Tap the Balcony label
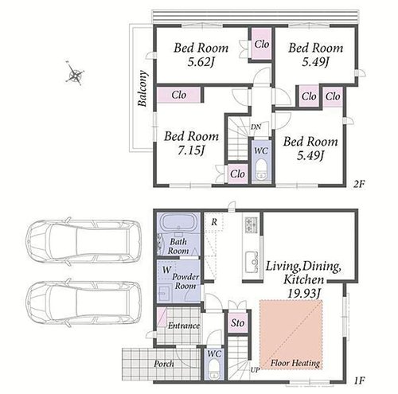(x=142, y=88)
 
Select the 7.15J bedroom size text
(x=191, y=151)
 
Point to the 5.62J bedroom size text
(x=201, y=62)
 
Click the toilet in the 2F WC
(x=261, y=170)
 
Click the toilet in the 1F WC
(x=214, y=369)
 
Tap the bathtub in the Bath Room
(x=178, y=224)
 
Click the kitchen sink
(x=252, y=262)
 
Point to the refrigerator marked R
(x=214, y=222)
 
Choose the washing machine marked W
(x=166, y=270)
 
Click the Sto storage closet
(x=237, y=323)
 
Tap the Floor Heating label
(x=295, y=363)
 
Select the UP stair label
(x=255, y=370)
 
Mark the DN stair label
(x=256, y=127)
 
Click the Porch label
(x=164, y=364)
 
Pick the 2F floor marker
(x=359, y=184)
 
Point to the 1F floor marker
(x=359, y=380)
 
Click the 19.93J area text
(x=304, y=293)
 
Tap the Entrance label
(x=184, y=326)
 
